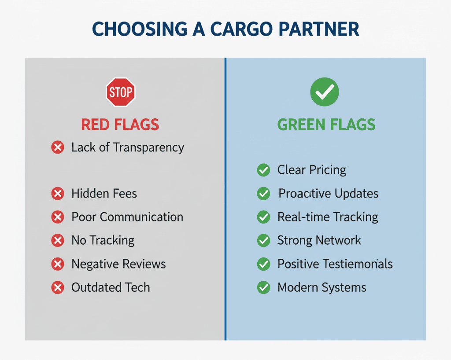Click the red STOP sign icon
click(x=120, y=92)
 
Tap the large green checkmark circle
click(x=324, y=92)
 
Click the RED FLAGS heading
click(x=120, y=125)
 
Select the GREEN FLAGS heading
click(x=326, y=125)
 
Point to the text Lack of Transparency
click(x=128, y=147)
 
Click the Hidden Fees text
click(x=104, y=193)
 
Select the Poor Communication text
click(x=127, y=217)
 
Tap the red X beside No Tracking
click(x=58, y=240)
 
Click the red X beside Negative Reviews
click(x=58, y=264)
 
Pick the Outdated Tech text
click(x=111, y=287)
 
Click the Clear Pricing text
click(x=311, y=170)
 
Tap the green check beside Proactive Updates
click(x=263, y=193)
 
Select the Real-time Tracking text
click(x=328, y=217)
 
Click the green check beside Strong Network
click(x=263, y=240)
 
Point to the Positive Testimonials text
click(x=335, y=264)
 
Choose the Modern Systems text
click(x=322, y=288)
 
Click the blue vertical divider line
click(x=225, y=198)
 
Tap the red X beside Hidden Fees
click(x=58, y=193)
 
